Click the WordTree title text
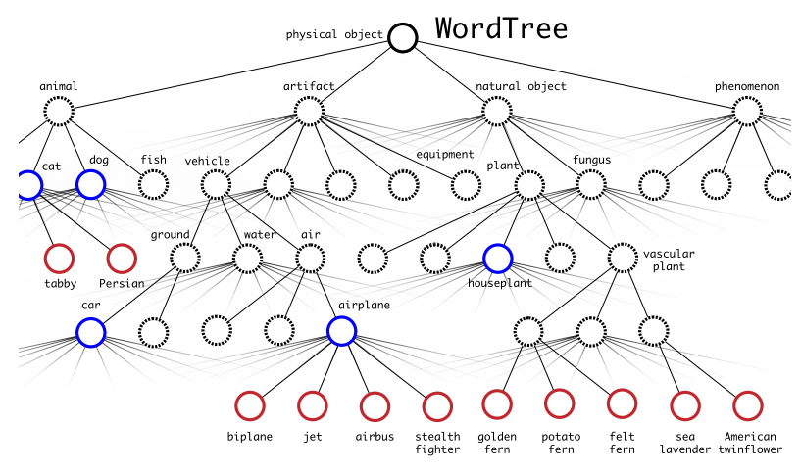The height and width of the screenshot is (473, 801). [501, 28]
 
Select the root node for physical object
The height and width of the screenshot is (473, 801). [402, 37]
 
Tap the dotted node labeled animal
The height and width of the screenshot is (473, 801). [59, 111]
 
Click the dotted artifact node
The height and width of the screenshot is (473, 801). [309, 111]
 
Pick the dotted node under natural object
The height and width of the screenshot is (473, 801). [497, 111]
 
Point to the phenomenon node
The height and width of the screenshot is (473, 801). [747, 111]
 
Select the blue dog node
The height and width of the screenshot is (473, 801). [90, 184]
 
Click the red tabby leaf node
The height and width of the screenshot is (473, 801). [59, 258]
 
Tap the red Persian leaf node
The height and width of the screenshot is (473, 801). [122, 258]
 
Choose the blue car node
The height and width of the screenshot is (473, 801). [90, 332]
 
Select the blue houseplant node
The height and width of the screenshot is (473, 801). [497, 259]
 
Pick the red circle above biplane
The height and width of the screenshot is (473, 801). [250, 404]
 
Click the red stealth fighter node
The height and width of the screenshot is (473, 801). [437, 404]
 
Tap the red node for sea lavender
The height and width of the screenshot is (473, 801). [685, 404]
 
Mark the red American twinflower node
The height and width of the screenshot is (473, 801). [747, 404]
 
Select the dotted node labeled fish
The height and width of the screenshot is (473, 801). [153, 184]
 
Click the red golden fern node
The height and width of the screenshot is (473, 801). [497, 402]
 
